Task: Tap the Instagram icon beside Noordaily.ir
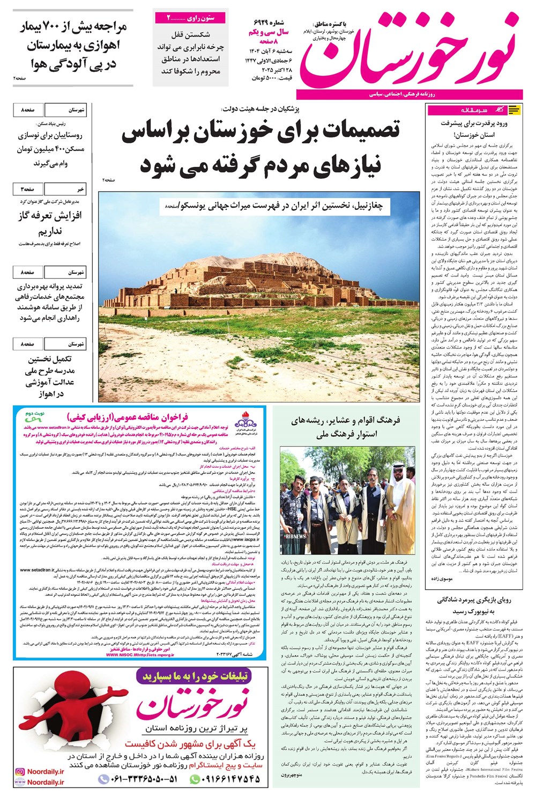pos(20,772)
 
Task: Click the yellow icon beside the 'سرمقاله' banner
pos(513,110)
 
